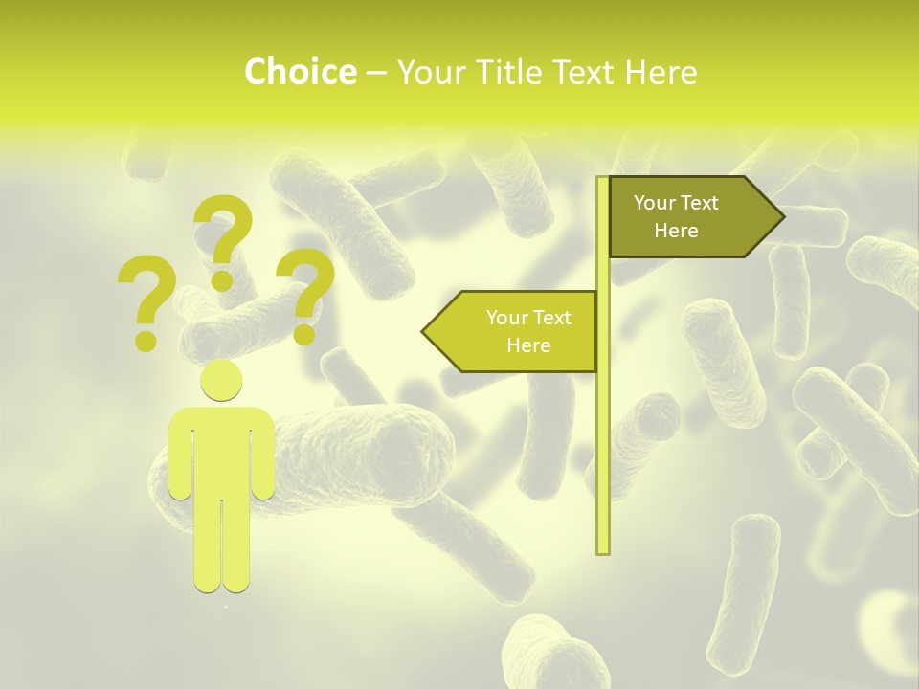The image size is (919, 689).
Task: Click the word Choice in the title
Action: (x=300, y=73)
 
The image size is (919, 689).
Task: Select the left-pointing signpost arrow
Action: (x=512, y=331)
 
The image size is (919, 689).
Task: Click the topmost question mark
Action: (x=224, y=239)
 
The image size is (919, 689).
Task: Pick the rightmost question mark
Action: (x=306, y=294)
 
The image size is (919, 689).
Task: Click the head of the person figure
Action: (x=221, y=381)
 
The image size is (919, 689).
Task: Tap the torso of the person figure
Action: (x=221, y=450)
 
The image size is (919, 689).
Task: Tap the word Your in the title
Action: (x=430, y=73)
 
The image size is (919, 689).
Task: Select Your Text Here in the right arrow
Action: (x=676, y=216)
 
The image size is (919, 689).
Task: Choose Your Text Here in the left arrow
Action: (x=528, y=331)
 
